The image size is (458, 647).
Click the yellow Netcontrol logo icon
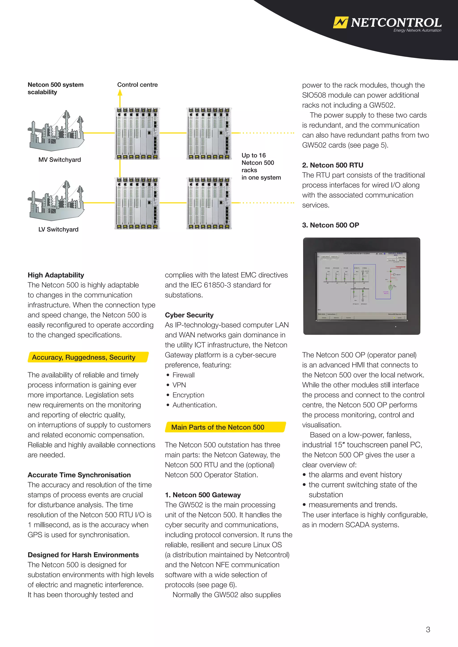pos(340,22)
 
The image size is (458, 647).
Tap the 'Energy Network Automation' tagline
pos(417,30)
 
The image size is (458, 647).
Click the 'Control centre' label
pos(137,85)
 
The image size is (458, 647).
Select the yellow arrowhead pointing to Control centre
pos(120,93)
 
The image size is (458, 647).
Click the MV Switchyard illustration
pos(56,131)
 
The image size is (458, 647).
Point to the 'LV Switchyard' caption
pos(58,229)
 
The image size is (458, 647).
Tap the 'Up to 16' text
pos(254,155)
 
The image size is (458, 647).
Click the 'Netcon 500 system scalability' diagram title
pos(55,88)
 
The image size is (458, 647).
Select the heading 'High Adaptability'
pos(56,275)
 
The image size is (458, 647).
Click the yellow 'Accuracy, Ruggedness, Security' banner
pos(88,357)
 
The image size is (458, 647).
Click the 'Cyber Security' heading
pos(189,315)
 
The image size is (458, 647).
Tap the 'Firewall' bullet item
pos(183,375)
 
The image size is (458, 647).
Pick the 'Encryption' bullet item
pos(188,395)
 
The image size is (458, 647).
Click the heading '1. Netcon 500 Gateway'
pos(203,495)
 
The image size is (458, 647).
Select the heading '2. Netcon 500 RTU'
pos(333,165)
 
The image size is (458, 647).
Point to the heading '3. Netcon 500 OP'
pos(331,225)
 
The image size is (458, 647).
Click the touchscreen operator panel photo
pos(362,286)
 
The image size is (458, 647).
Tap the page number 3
pos(428,630)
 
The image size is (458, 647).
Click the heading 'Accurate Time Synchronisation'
pos(79,475)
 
